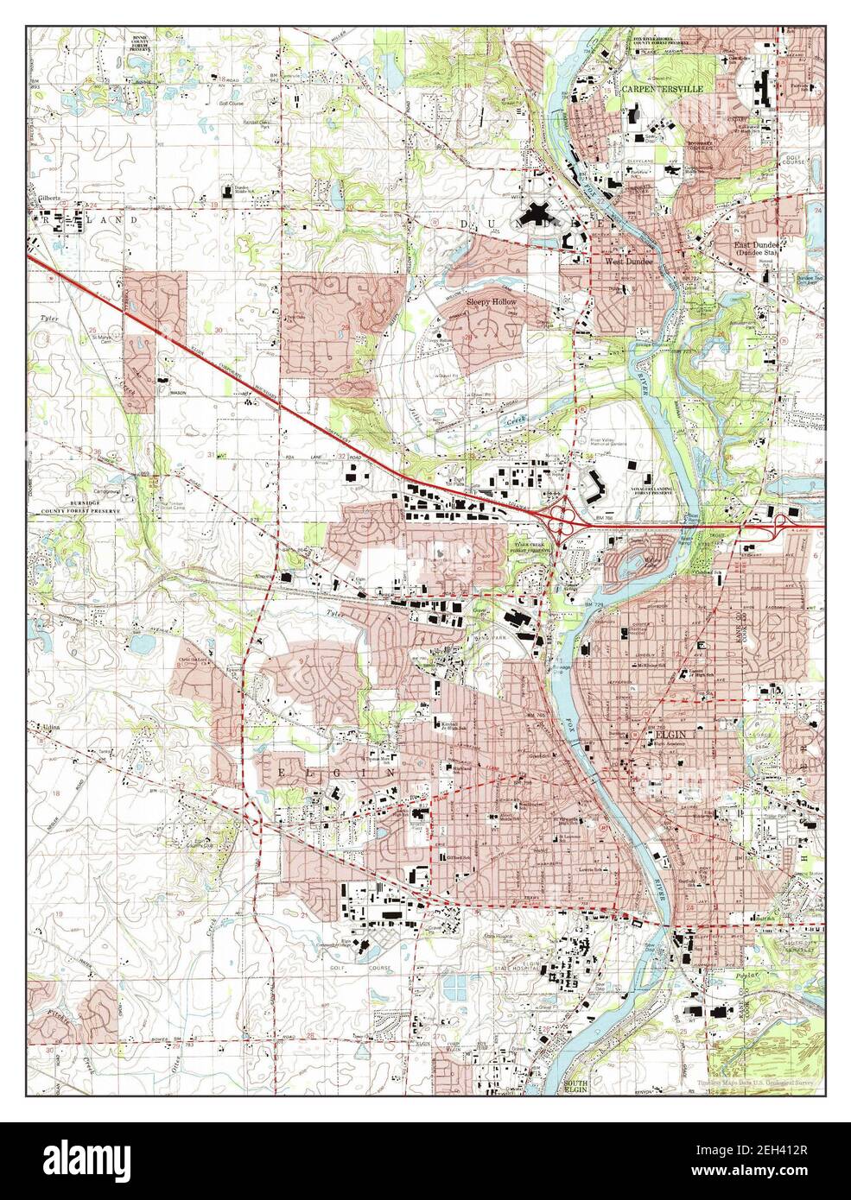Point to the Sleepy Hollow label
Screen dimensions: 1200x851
[x=492, y=302]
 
